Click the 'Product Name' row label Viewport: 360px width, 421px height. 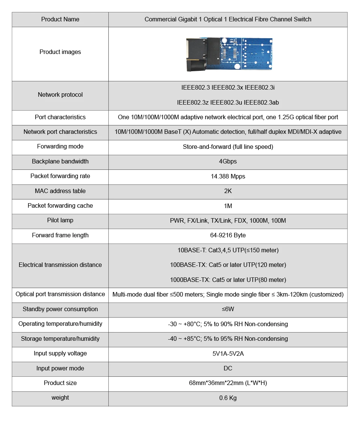click(x=60, y=19)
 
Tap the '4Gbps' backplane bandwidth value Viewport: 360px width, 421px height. click(x=228, y=162)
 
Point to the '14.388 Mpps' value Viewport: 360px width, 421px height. click(x=228, y=176)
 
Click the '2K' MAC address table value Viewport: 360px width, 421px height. click(x=228, y=191)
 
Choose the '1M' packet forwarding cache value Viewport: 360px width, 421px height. click(x=228, y=206)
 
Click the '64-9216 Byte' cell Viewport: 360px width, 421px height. click(x=228, y=235)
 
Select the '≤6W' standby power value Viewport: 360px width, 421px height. click(x=228, y=309)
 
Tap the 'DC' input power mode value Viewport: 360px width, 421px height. click(x=228, y=369)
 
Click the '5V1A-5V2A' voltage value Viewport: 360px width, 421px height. click(x=228, y=354)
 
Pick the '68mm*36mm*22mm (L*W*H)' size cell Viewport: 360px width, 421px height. click(x=228, y=383)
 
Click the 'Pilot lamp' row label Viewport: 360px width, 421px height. click(x=60, y=220)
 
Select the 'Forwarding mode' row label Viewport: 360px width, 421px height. click(x=60, y=147)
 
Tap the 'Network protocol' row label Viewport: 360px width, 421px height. click(x=60, y=95)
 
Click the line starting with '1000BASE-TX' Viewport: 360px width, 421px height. click(x=228, y=280)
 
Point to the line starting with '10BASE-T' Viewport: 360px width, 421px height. click(x=228, y=250)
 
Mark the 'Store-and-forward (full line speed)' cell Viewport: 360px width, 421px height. click(x=228, y=147)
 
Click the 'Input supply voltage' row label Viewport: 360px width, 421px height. click(x=60, y=354)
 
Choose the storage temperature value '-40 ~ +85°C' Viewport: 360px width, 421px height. click(x=228, y=339)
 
